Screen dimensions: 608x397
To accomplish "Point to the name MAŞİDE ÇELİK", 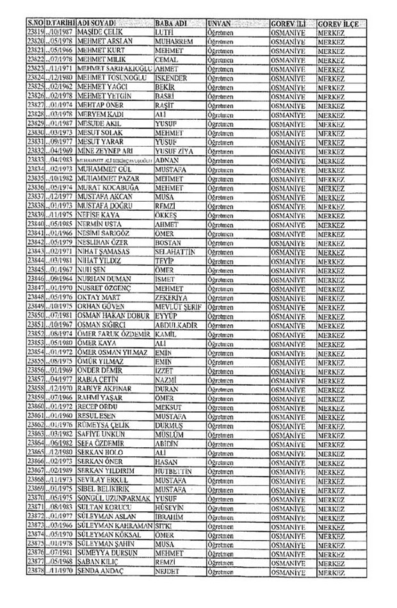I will [101, 31].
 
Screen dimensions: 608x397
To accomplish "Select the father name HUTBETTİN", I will [176, 470].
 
